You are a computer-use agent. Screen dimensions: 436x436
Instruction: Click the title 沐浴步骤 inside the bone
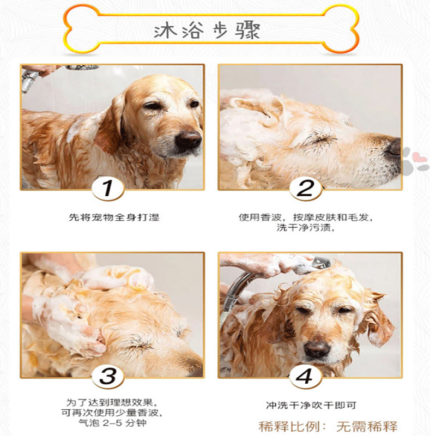[207, 31]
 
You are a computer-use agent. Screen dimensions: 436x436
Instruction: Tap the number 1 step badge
[108, 189]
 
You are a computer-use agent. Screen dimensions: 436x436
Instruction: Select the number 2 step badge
[306, 189]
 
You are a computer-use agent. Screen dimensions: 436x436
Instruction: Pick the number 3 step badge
[108, 377]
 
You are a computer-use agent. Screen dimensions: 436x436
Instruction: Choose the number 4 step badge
[306, 377]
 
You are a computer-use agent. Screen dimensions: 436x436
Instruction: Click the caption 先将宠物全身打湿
[114, 217]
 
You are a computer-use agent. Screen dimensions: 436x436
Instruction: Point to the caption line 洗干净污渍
[305, 227]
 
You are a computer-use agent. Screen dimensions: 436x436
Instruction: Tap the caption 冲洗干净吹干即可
[311, 405]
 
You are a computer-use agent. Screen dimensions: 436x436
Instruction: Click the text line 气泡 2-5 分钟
[112, 423]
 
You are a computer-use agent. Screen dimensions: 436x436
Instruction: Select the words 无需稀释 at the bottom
[367, 426]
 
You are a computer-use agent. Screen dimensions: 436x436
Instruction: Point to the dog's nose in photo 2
[393, 147]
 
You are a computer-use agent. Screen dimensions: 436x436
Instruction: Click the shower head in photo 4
[320, 262]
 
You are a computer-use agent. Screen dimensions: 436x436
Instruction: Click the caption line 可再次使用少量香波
[112, 413]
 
